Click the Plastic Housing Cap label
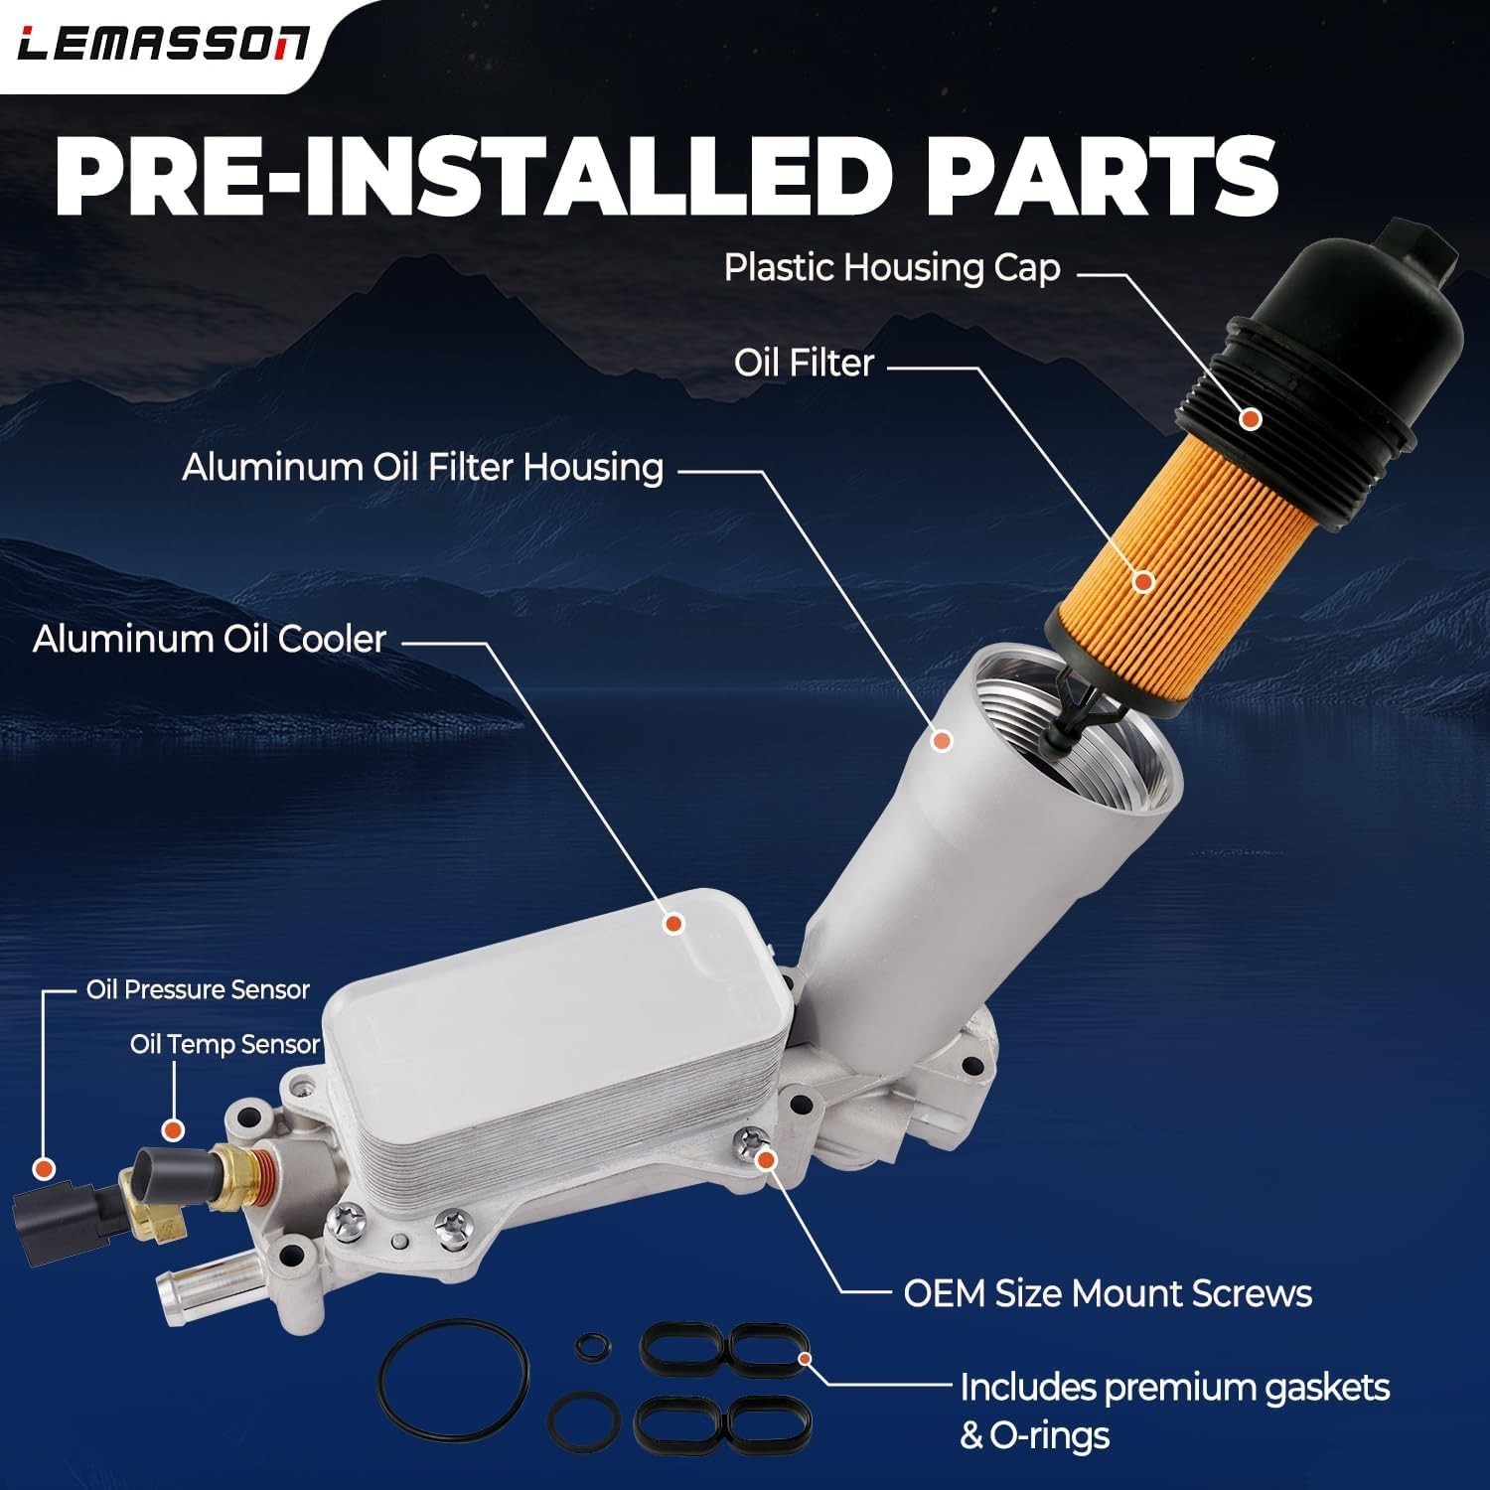click(x=891, y=267)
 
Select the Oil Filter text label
click(x=804, y=363)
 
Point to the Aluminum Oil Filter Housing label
click(x=422, y=467)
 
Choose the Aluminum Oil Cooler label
click(x=209, y=639)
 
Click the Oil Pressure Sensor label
click(x=198, y=989)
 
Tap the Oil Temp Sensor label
click(x=225, y=1045)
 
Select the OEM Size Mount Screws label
click(x=1108, y=1293)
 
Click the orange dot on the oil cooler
click(x=673, y=924)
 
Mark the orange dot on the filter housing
click(x=943, y=740)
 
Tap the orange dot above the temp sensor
click(x=173, y=1129)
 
